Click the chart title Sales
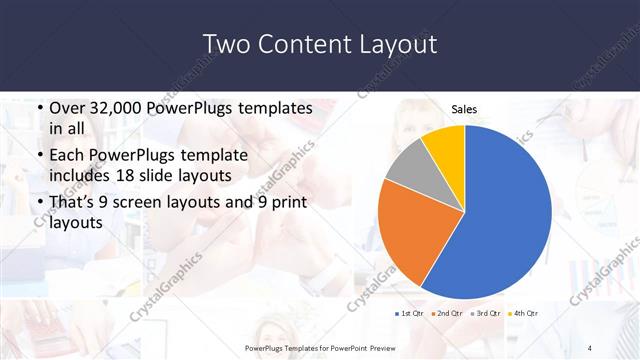(464, 109)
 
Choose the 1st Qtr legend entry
(410, 313)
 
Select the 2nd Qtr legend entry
(446, 313)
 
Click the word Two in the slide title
(226, 45)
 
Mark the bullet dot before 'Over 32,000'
(38, 108)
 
